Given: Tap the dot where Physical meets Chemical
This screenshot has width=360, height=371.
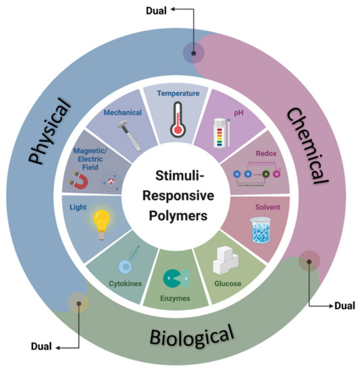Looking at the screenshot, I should (194, 53).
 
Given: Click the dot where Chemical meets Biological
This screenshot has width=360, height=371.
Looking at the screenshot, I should (309, 260).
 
